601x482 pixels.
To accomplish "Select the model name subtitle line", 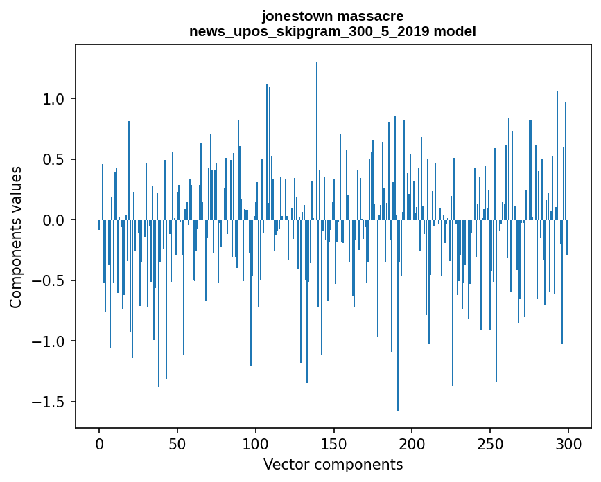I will point(332,31).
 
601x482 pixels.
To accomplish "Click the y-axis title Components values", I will point(16,237).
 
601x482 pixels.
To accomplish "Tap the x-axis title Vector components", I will point(333,464).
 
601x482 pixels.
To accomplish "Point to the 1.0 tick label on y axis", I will point(54,99).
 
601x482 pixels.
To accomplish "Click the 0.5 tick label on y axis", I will point(54,159).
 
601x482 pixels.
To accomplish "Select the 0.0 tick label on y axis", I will point(54,220).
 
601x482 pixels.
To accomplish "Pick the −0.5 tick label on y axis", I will point(49,280).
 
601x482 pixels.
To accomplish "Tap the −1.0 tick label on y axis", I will point(49,341).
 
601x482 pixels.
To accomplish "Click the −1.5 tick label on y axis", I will point(49,402).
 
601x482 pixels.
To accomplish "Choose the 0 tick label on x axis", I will point(99,443).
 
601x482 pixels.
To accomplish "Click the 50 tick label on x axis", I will point(177,443).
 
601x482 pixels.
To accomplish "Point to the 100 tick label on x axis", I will point(256,443).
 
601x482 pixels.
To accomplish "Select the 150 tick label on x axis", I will point(334,443).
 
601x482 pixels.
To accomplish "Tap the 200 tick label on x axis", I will point(412,443).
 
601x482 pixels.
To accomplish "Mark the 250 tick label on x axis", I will point(490,443).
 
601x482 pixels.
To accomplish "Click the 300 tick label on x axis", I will point(568,443).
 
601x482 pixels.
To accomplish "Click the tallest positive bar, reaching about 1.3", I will point(317,139).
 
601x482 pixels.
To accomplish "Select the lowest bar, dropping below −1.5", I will point(398,312).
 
